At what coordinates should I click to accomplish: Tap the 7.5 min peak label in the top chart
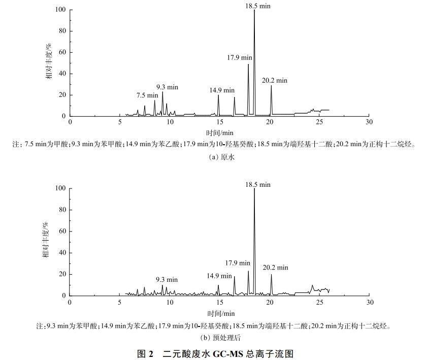[147, 95]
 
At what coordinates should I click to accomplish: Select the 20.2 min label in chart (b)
[275, 267]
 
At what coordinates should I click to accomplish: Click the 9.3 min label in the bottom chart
[167, 279]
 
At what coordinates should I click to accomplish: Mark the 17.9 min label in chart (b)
[238, 263]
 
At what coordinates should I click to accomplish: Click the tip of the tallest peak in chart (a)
[254, 10]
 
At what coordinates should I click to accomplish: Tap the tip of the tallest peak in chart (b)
[254, 189]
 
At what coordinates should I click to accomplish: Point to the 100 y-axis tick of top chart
[60, 10]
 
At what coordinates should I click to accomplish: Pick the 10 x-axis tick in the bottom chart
[170, 302]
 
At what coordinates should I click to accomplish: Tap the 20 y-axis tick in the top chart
[62, 95]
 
